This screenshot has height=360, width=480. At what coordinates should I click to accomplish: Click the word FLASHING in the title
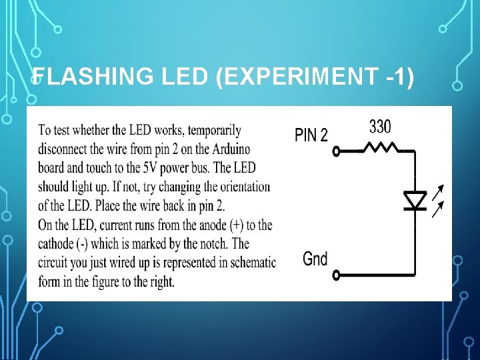[93, 78]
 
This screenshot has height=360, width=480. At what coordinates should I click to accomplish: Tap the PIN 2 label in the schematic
[311, 135]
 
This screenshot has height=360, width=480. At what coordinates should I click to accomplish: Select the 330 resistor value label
[380, 126]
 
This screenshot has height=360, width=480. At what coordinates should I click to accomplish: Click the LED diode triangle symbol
[415, 199]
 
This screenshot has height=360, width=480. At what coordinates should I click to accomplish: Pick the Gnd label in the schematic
[315, 258]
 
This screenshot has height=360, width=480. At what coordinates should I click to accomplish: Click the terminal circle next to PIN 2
[337, 151]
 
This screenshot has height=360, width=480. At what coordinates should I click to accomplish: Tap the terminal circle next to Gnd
[337, 274]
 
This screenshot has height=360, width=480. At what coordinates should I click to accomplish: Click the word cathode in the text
[59, 244]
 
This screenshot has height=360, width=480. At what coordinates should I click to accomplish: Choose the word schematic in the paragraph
[253, 263]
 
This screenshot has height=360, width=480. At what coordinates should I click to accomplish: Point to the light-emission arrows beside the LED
[437, 202]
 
